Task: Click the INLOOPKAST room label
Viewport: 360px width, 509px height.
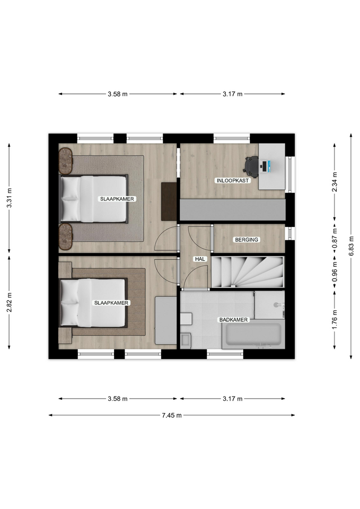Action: point(233,180)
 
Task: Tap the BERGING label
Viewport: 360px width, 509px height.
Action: point(247,240)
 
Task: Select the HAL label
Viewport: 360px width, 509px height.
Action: point(200,259)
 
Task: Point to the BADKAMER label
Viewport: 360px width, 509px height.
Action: point(233,320)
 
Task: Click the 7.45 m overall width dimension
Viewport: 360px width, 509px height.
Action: point(172,415)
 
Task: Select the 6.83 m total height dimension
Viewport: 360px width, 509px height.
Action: point(351,246)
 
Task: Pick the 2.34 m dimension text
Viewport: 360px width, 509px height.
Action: point(335,182)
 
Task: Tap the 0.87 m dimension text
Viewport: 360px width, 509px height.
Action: point(335,239)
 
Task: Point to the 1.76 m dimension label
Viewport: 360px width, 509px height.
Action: point(335,320)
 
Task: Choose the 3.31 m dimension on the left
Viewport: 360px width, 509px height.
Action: point(9,198)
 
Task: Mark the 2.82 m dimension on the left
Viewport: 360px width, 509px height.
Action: point(9,302)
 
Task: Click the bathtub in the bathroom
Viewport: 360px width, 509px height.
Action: point(253,335)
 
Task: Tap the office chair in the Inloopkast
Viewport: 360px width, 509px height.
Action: point(251,167)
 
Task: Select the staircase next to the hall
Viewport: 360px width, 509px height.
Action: point(248,271)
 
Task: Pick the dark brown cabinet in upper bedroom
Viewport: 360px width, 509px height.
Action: point(169,201)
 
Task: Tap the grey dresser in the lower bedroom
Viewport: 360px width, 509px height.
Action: point(165,320)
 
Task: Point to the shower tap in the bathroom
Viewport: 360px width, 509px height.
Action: point(277,305)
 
